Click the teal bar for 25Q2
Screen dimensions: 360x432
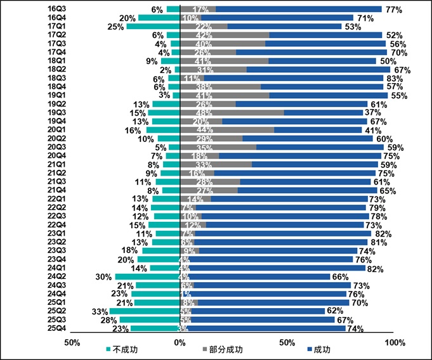145,311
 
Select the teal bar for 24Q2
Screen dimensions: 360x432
148,276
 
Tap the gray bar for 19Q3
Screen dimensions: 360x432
232,113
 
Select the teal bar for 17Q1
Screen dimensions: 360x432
153,27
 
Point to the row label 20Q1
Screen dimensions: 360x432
57,130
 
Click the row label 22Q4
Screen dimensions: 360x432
57,224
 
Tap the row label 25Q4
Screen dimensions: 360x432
57,328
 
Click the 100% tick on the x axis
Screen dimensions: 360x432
395,343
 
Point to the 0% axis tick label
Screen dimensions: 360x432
180,343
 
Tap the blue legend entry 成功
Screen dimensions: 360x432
319,349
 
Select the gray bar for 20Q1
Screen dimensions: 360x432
228,130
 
